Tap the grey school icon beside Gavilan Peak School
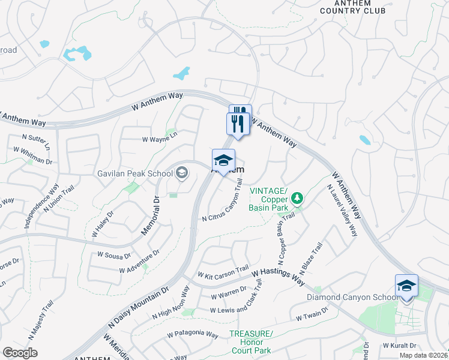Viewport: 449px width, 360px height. click(x=181, y=174)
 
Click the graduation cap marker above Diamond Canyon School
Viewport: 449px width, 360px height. click(x=406, y=286)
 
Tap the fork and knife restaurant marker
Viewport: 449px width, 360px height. click(x=238, y=124)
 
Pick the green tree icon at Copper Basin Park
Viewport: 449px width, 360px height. click(x=296, y=197)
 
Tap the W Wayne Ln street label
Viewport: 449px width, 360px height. click(x=160, y=139)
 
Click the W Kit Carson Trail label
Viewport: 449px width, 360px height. click(x=223, y=272)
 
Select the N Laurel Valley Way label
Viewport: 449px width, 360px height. click(x=342, y=210)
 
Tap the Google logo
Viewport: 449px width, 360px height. click(x=20, y=353)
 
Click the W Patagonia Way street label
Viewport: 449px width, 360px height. click(x=193, y=334)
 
